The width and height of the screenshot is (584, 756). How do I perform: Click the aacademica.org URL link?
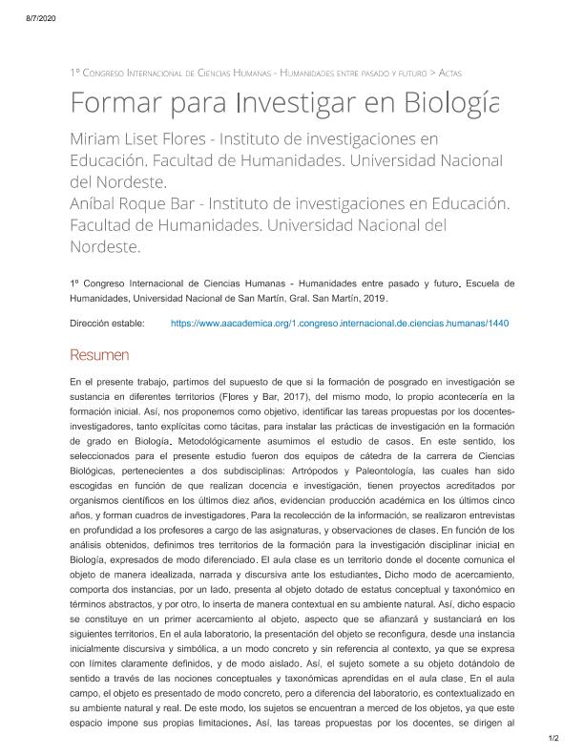340,324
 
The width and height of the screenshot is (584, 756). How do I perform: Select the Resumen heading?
99,355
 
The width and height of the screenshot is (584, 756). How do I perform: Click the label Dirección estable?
107,324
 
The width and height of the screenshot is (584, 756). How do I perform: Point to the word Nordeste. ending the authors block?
105,246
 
